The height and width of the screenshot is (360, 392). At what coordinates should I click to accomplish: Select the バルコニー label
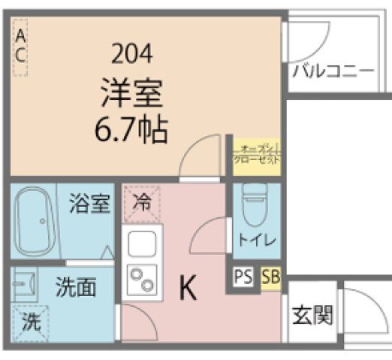333,72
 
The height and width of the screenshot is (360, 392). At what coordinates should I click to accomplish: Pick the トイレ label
257,241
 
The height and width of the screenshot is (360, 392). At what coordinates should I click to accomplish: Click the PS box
243,277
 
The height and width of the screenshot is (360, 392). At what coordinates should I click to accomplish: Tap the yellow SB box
270,277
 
